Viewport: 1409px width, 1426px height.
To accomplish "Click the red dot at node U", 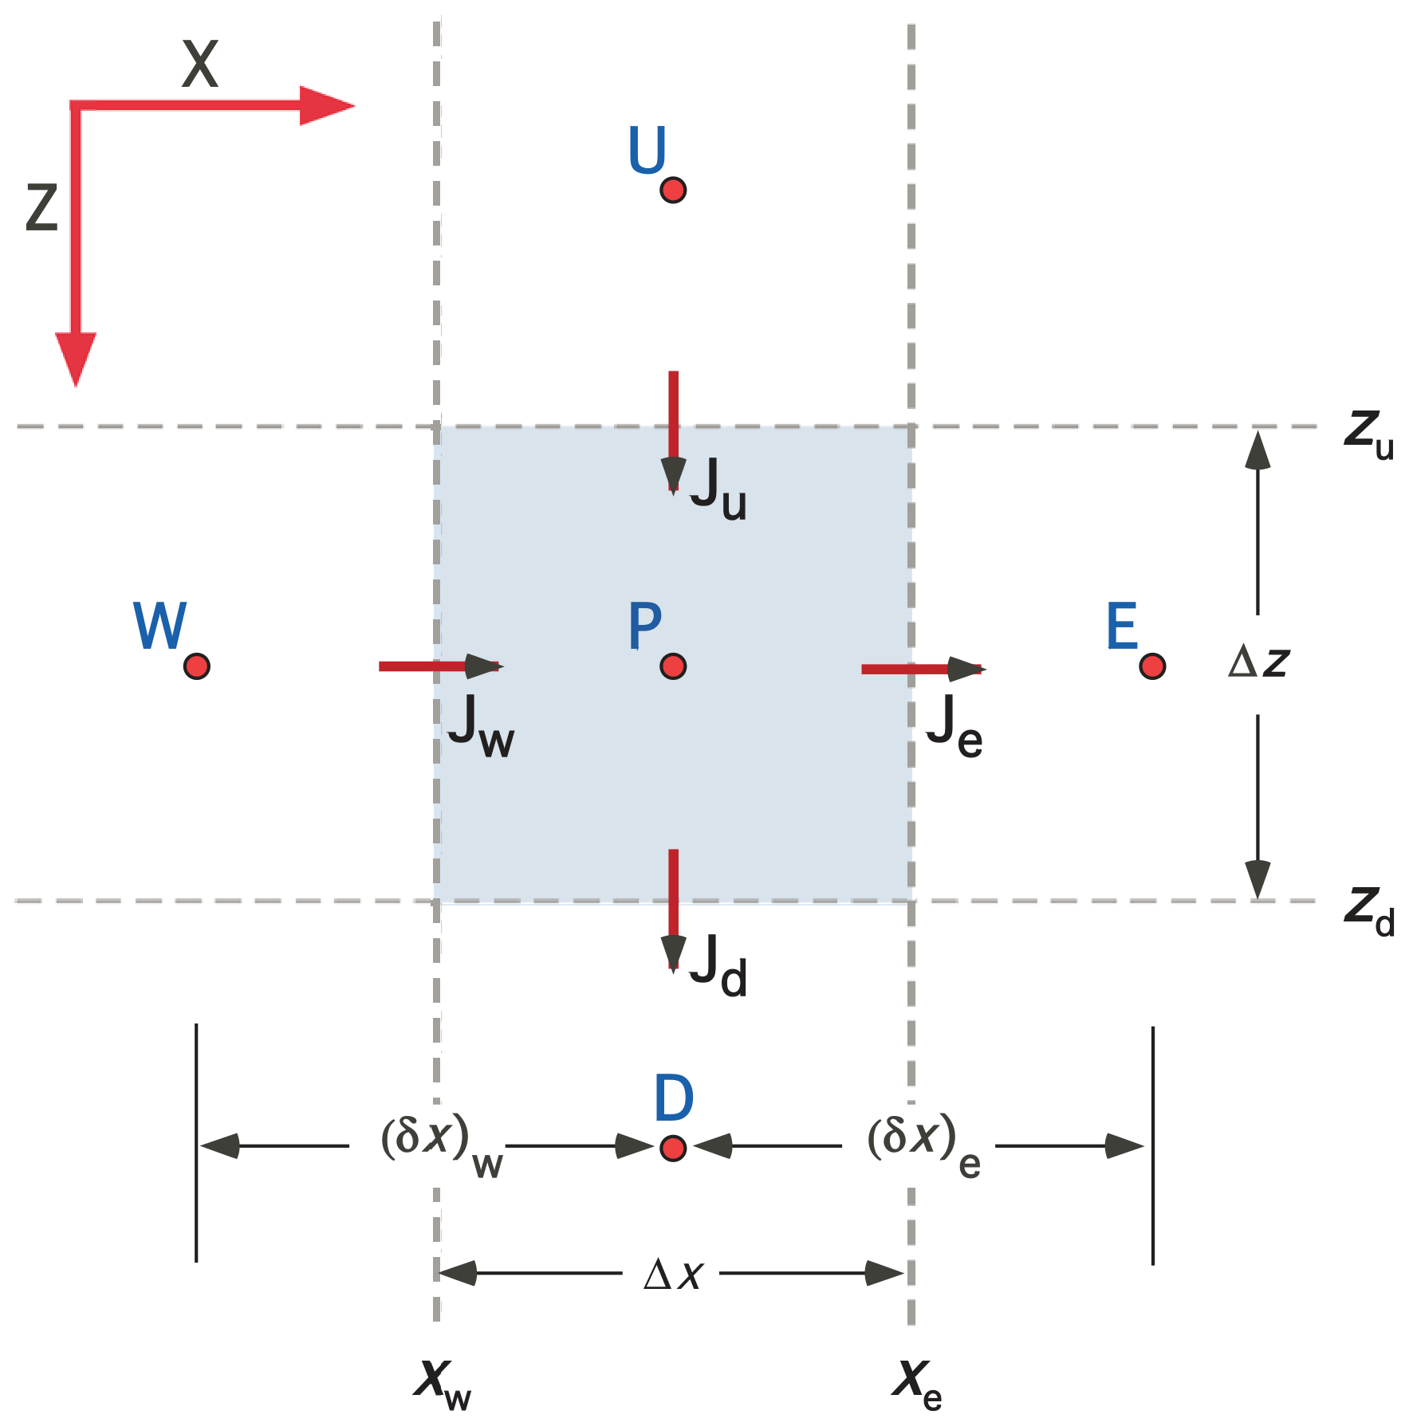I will (x=673, y=191).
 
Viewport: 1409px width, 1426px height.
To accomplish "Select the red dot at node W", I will (x=196, y=666).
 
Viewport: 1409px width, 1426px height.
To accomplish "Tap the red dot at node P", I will (x=673, y=666).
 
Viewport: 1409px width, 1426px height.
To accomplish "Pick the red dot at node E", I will (x=1151, y=666).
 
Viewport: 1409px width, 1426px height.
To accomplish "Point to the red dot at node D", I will (x=673, y=1148).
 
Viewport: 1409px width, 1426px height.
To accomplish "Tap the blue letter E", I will (x=1121, y=627).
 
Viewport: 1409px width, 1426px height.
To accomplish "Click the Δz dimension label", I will (x=1258, y=662).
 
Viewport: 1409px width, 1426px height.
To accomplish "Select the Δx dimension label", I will (x=673, y=1274).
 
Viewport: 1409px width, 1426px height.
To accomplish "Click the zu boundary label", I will (x=1368, y=434).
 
